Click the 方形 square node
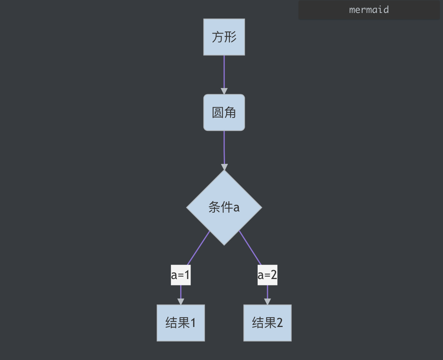tap(224, 37)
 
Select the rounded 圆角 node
tap(224, 112)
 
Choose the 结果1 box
tap(181, 323)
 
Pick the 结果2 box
tap(267, 323)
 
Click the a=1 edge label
tap(181, 276)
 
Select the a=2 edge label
tap(267, 276)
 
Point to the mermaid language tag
tap(369, 10)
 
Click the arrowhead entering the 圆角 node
tap(224, 91)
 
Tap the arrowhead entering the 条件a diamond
tap(224, 167)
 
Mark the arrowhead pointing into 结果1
tap(181, 301)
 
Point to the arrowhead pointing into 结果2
tap(267, 301)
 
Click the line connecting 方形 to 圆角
tap(224, 71)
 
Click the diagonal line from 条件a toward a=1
tap(199, 248)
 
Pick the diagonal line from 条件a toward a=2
tap(250, 248)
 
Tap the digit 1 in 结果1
tap(192, 323)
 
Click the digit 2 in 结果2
tap(279, 323)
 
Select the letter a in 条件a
tap(236, 208)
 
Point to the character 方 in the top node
tap(218, 37)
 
